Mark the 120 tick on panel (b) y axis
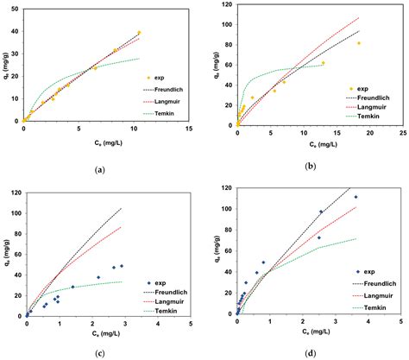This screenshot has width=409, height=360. tap(227, 4)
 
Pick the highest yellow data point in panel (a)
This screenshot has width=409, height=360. tap(139, 33)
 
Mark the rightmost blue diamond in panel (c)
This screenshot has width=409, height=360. tap(122, 266)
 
